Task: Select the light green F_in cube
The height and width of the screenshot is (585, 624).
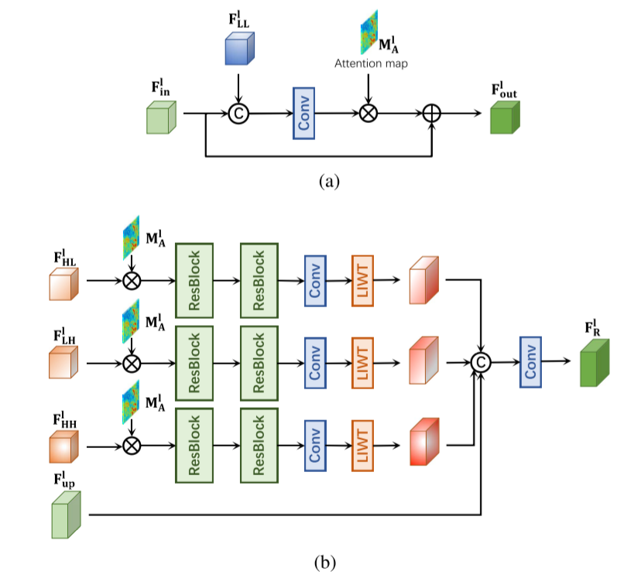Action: pyautogui.click(x=163, y=117)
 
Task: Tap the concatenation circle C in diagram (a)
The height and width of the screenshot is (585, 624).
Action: pyautogui.click(x=238, y=113)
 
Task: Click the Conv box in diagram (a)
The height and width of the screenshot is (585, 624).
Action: pyautogui.click(x=303, y=113)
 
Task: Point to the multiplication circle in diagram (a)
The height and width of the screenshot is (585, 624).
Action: pyautogui.click(x=368, y=113)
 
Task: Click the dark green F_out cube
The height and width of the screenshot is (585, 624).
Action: pyautogui.click(x=505, y=118)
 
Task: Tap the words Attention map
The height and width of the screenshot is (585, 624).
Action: pyautogui.click(x=371, y=63)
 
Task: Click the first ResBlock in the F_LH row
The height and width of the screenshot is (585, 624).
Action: pyautogui.click(x=194, y=362)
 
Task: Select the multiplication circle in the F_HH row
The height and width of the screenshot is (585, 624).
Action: pyautogui.click(x=132, y=445)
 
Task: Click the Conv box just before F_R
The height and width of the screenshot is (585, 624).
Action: pyautogui.click(x=530, y=361)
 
